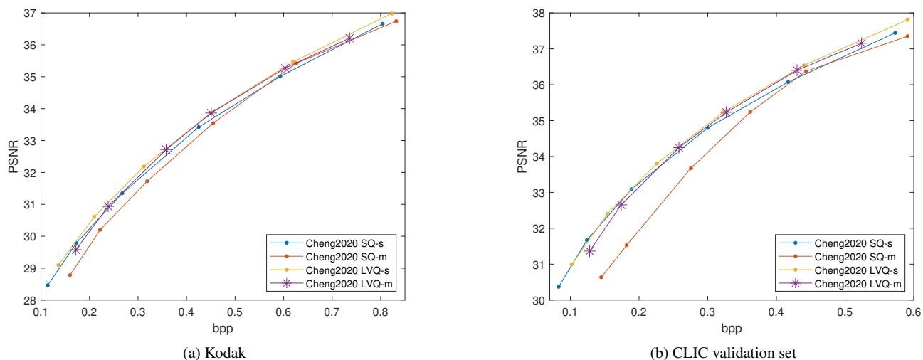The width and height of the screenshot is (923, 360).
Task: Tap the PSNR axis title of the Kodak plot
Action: click(10, 157)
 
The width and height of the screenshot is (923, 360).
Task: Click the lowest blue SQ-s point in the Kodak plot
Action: click(48, 285)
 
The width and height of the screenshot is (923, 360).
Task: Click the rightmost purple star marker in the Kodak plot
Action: click(349, 38)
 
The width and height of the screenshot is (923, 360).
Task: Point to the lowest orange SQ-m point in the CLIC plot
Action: click(601, 277)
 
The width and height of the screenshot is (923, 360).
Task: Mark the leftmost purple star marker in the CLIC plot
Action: click(589, 250)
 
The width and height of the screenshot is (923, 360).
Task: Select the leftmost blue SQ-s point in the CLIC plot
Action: click(559, 287)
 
